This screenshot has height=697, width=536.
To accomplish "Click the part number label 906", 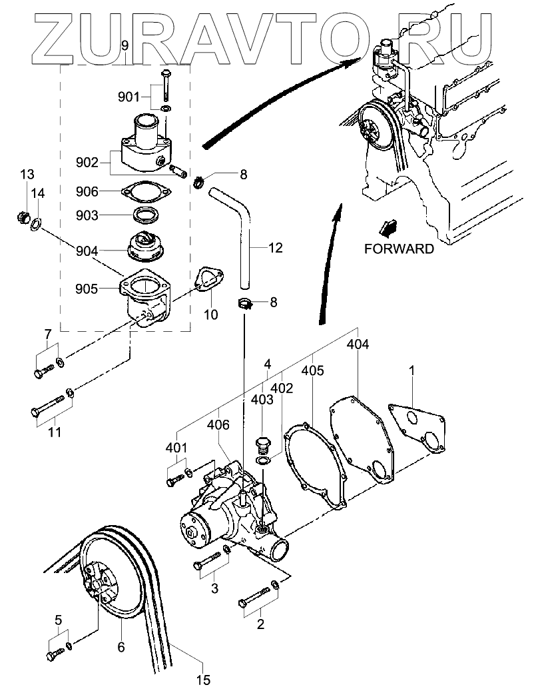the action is coord(87,191).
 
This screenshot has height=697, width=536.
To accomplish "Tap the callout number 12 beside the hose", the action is coord(276,247).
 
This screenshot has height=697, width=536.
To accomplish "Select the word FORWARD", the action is coord(399,249).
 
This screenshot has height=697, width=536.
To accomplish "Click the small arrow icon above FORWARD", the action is coord(388,228).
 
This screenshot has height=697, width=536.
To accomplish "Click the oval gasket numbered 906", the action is coord(145,192).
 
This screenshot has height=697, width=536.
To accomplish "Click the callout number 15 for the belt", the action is coord(202,680).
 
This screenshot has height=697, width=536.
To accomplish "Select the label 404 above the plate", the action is coord(358,344).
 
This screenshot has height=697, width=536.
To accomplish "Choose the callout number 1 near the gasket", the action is coord(411,370).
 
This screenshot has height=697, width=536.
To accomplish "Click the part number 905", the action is coord(87,289).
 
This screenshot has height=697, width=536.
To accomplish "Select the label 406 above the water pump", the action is coord(218,425).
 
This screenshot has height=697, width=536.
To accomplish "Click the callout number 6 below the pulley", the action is coord(121,647).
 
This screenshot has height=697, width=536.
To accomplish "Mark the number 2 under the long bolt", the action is coord(260,624).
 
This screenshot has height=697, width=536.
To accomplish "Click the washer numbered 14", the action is coord(35,225).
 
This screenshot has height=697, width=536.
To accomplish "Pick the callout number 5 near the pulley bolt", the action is coord(58,619).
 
